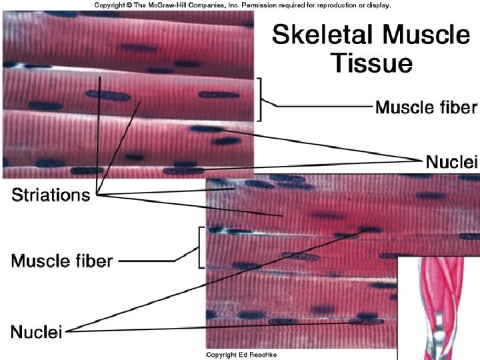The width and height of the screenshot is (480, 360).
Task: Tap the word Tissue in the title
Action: (x=373, y=64)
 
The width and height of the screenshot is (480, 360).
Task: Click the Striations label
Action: (x=50, y=195)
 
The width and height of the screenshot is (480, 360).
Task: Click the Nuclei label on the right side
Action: (x=452, y=161)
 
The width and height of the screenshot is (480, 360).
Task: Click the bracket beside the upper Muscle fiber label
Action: (x=262, y=98)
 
